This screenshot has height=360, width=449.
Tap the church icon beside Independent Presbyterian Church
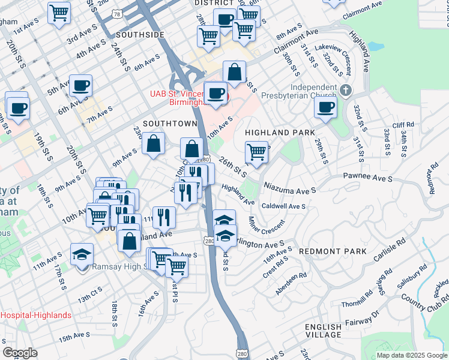345,91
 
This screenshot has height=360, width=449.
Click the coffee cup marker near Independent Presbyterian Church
325,107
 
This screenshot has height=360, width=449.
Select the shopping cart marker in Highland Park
256,151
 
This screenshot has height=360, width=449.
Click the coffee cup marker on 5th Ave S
80,85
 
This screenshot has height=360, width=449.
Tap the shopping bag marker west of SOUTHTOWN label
154,143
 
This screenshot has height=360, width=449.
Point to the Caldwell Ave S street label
284,206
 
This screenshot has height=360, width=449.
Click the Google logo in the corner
20,353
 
